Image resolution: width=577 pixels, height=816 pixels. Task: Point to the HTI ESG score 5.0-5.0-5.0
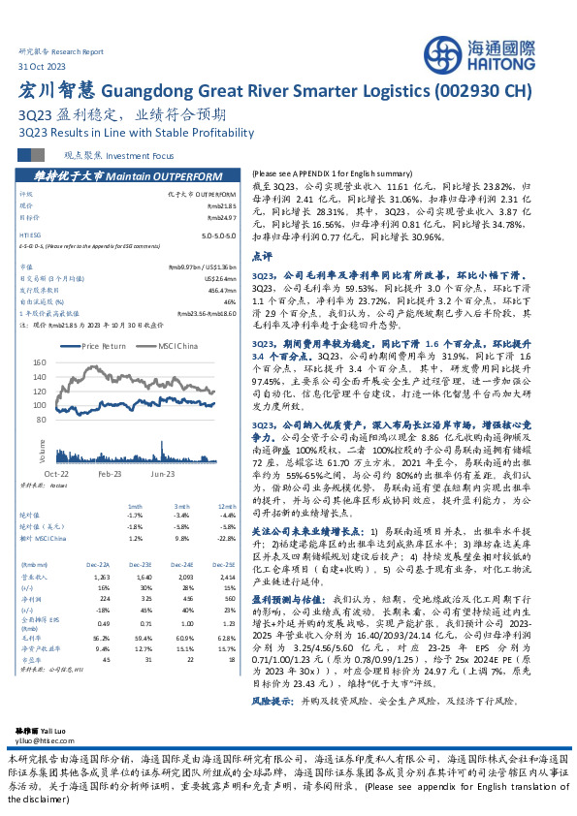click(219, 235)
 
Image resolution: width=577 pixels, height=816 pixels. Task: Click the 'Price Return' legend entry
click(105, 345)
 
